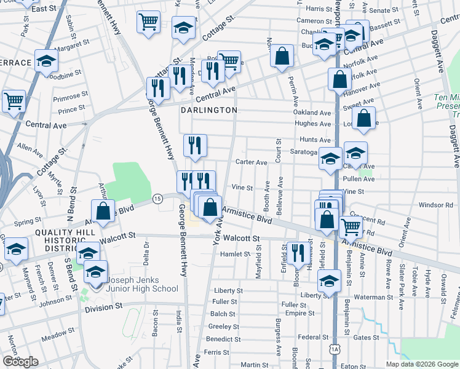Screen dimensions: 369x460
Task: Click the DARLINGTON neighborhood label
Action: tap(209, 110)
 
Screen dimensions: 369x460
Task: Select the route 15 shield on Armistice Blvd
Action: tap(158, 199)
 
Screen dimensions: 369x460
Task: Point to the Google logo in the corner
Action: tap(20, 362)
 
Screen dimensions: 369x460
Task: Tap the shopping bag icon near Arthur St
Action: tap(104, 210)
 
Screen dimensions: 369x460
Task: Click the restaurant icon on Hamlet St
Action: tap(297, 252)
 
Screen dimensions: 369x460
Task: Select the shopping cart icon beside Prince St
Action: tap(14, 100)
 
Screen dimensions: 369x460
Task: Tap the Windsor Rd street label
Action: tap(435, 205)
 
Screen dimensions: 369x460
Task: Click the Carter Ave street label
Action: tap(252, 162)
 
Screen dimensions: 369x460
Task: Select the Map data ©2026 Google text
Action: tap(422, 364)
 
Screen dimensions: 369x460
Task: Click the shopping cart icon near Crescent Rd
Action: tap(351, 226)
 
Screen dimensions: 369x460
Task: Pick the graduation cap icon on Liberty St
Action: tap(329, 280)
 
